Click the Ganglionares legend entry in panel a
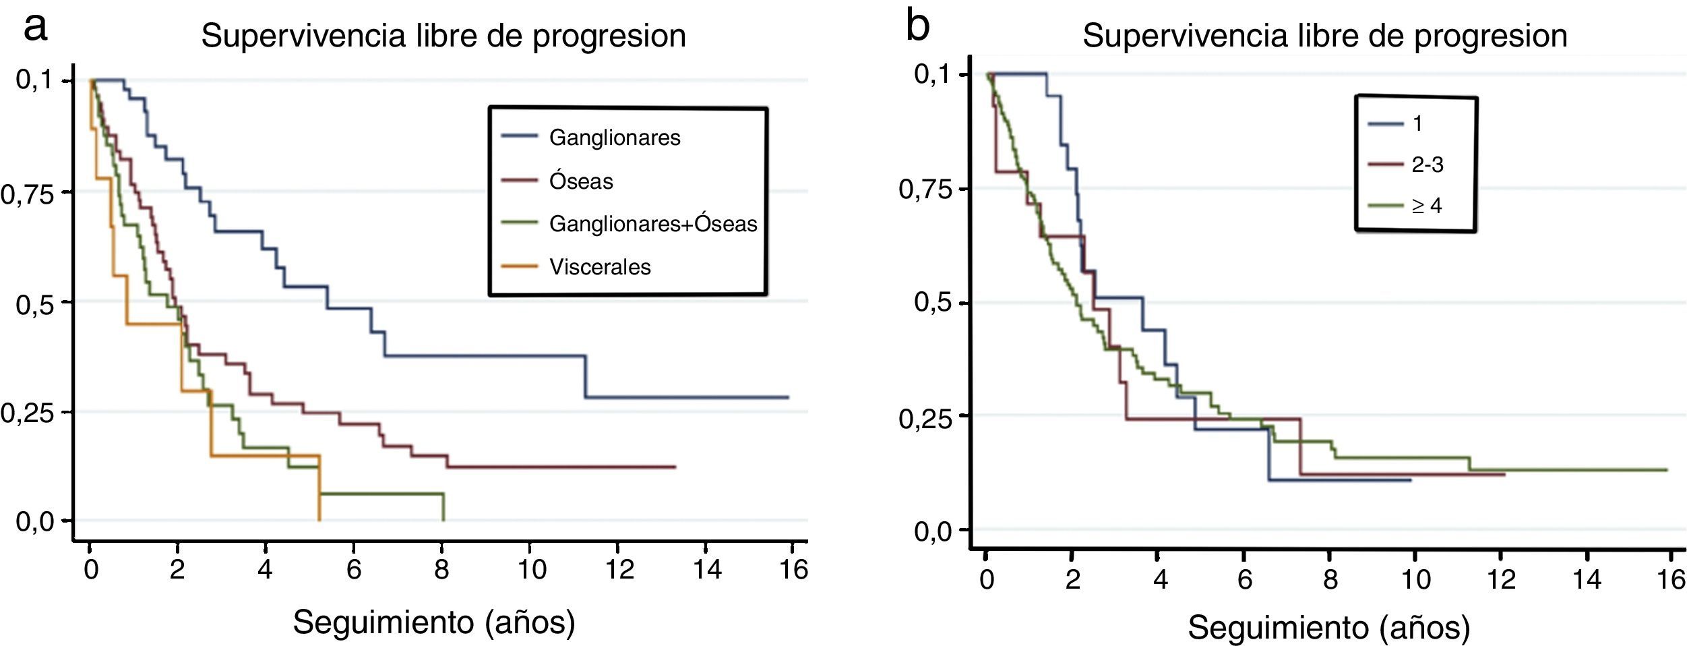point(614,138)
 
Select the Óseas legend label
point(581,181)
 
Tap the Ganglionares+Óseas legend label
point(652,224)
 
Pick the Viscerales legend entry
point(600,267)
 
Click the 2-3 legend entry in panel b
point(1427,165)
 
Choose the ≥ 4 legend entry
point(1426,206)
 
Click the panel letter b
point(918,27)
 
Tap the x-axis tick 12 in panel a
point(619,570)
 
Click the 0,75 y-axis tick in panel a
point(26,194)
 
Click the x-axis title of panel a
point(434,622)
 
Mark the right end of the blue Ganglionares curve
point(788,397)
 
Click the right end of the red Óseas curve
point(675,467)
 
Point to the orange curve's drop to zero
point(319,519)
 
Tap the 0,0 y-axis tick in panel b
point(933,532)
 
